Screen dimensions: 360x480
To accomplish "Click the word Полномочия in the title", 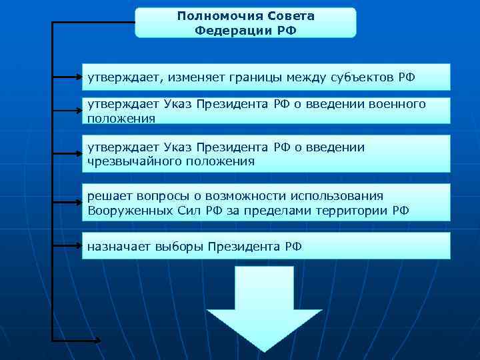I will pyautogui.click(x=210, y=15).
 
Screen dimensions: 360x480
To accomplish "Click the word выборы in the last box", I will pyautogui.click(x=179, y=247).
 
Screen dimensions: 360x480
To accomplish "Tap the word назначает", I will pyautogui.click(x=119, y=247).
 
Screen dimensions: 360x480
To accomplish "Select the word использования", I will pyautogui.click(x=337, y=195).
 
